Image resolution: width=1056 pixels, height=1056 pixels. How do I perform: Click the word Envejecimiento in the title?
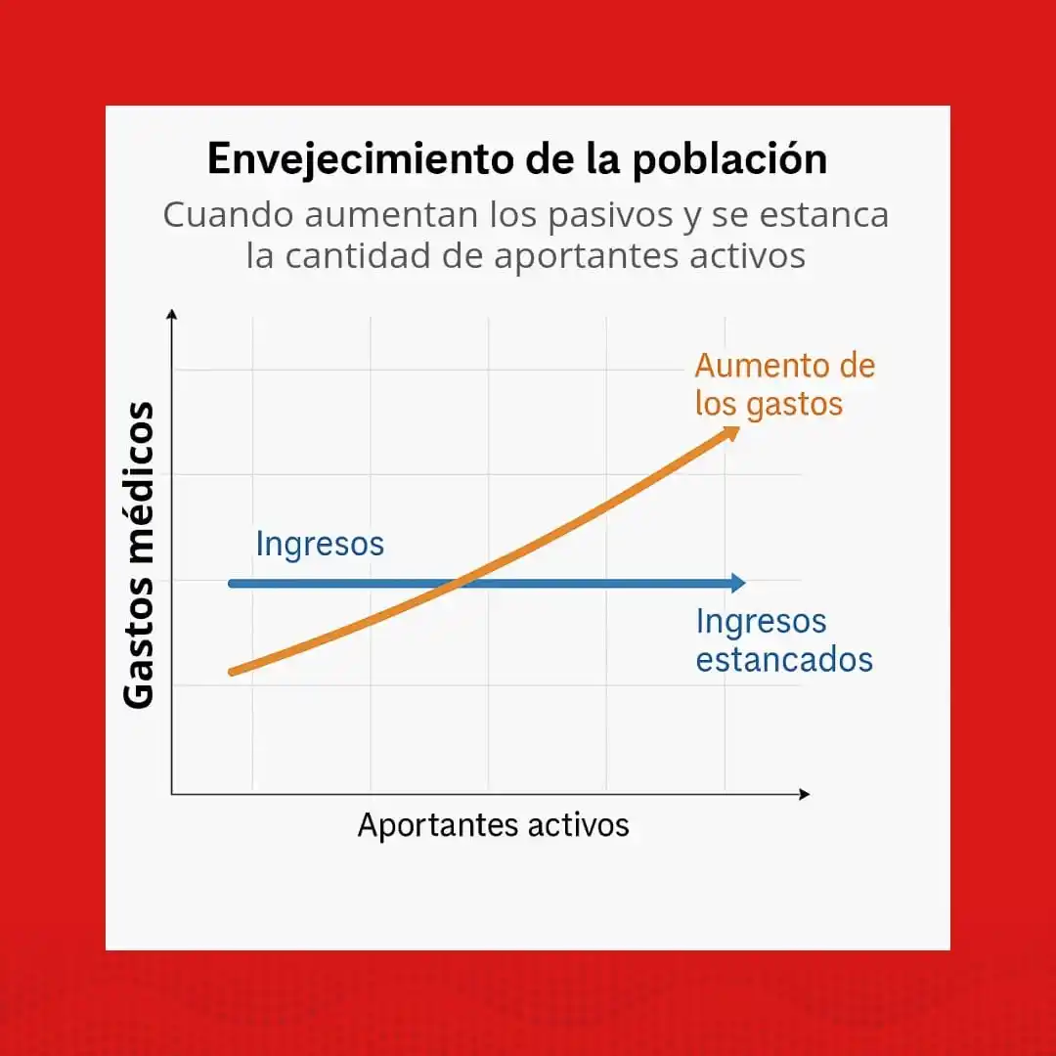point(363,160)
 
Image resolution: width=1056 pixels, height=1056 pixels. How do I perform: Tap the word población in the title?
point(729,160)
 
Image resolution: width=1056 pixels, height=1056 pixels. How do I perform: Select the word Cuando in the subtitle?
point(222,215)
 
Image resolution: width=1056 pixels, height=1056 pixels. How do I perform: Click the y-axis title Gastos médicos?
point(140,555)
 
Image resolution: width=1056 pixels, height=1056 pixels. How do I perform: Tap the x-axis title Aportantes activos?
point(493,825)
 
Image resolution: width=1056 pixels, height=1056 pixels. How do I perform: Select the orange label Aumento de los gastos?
point(784,384)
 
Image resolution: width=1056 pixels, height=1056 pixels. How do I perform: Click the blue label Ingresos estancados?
point(784,640)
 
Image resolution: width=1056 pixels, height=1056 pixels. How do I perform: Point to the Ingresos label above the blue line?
point(320,544)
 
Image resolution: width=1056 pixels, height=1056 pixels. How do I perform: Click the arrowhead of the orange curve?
point(730,432)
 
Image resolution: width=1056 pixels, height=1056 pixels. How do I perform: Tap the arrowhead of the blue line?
point(738,584)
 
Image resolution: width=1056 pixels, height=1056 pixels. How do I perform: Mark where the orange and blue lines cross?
point(458,584)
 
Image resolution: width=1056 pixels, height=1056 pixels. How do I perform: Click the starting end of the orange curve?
point(232,671)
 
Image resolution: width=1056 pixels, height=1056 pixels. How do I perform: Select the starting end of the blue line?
point(231,584)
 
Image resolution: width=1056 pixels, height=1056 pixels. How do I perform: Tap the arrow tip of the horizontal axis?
point(807,794)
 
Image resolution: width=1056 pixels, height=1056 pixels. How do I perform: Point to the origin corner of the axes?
point(172,794)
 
